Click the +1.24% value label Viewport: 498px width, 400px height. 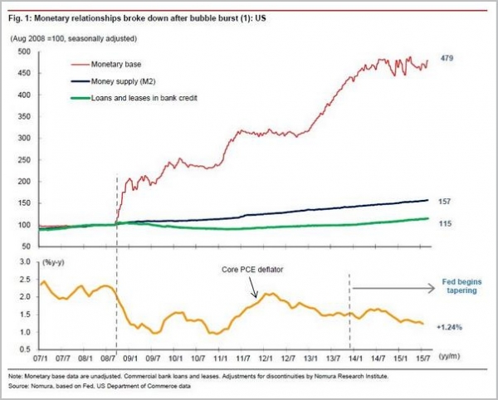coord(448,327)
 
